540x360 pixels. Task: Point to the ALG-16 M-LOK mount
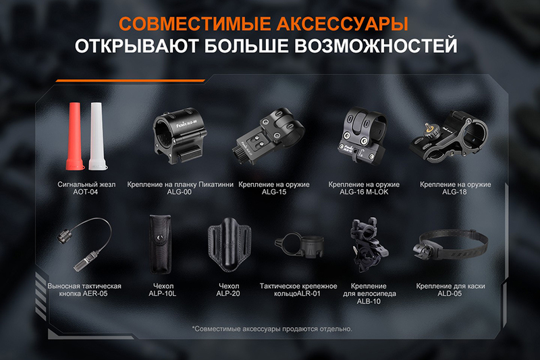tap(361, 135)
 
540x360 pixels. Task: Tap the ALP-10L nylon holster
tap(160, 244)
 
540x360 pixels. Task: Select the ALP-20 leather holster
tap(230, 245)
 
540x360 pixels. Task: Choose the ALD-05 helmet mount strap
tap(450, 246)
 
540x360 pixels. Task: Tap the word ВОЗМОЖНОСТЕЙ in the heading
tap(376, 45)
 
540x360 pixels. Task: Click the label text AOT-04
tap(86, 192)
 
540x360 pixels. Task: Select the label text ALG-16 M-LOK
tap(364, 192)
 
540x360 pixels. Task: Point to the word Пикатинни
tap(216, 184)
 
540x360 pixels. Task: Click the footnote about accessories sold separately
tap(272, 329)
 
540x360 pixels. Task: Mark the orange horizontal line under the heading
tap(130, 80)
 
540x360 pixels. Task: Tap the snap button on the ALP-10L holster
tap(159, 237)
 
